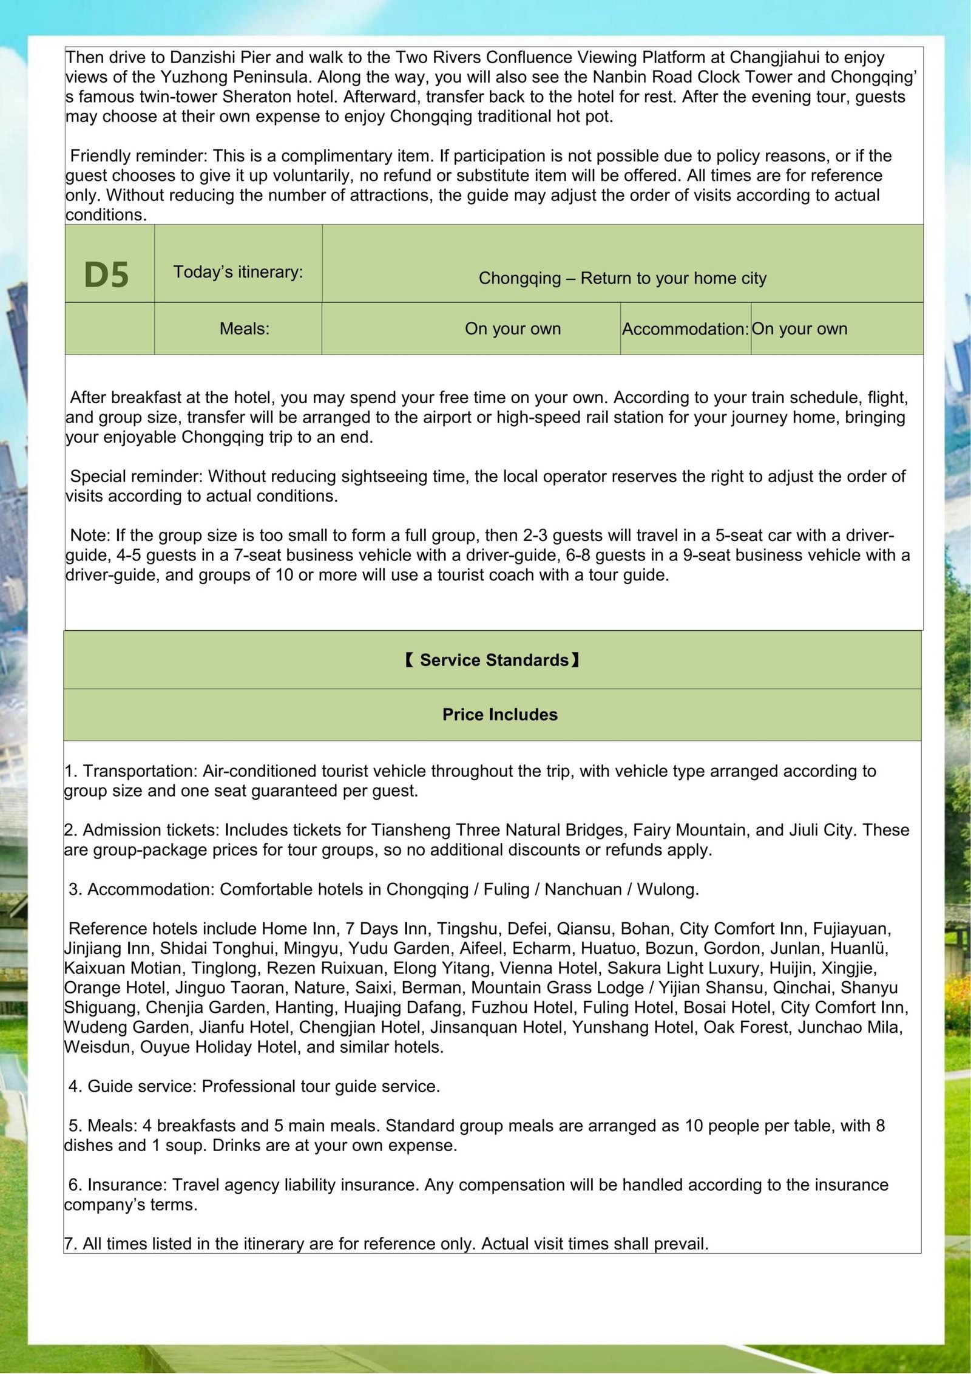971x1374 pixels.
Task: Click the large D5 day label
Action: point(107,274)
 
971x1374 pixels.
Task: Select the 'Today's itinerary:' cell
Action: point(238,271)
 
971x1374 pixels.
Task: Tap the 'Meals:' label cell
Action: point(245,328)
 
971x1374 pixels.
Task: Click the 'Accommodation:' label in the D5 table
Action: point(685,329)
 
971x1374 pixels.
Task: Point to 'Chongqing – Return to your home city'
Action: point(622,278)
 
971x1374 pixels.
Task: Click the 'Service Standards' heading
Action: point(493,660)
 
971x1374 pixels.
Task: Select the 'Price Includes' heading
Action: point(499,714)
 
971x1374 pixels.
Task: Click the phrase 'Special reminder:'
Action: point(137,476)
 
